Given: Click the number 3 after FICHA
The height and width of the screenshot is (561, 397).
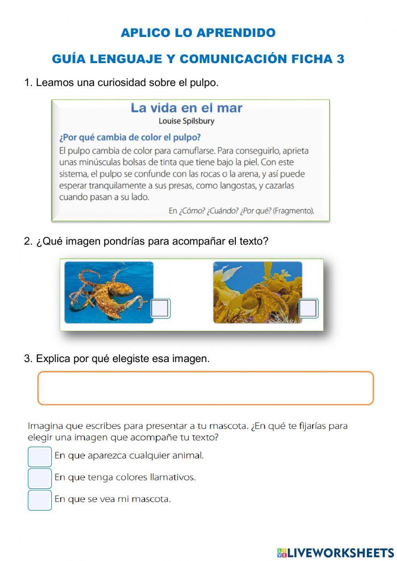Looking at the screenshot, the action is (340, 59).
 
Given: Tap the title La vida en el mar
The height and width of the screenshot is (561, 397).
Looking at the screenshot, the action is (186, 108).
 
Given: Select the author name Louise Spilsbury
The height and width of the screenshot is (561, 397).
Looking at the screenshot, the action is (186, 121).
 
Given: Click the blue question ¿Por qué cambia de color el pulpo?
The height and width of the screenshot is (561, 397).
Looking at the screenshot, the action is (130, 137).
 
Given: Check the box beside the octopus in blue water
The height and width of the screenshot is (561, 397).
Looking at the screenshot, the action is (160, 308).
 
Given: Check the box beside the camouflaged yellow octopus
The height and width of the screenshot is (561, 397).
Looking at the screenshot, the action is (308, 308).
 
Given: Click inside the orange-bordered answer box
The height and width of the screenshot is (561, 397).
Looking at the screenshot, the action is (205, 388).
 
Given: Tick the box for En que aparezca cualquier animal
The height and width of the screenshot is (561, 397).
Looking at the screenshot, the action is (40, 457).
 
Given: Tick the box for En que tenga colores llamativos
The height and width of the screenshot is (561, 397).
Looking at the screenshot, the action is (40, 478).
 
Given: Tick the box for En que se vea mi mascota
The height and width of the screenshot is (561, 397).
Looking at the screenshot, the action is (40, 500).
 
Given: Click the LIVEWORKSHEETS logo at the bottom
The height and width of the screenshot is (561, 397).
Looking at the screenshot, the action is (335, 553).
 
